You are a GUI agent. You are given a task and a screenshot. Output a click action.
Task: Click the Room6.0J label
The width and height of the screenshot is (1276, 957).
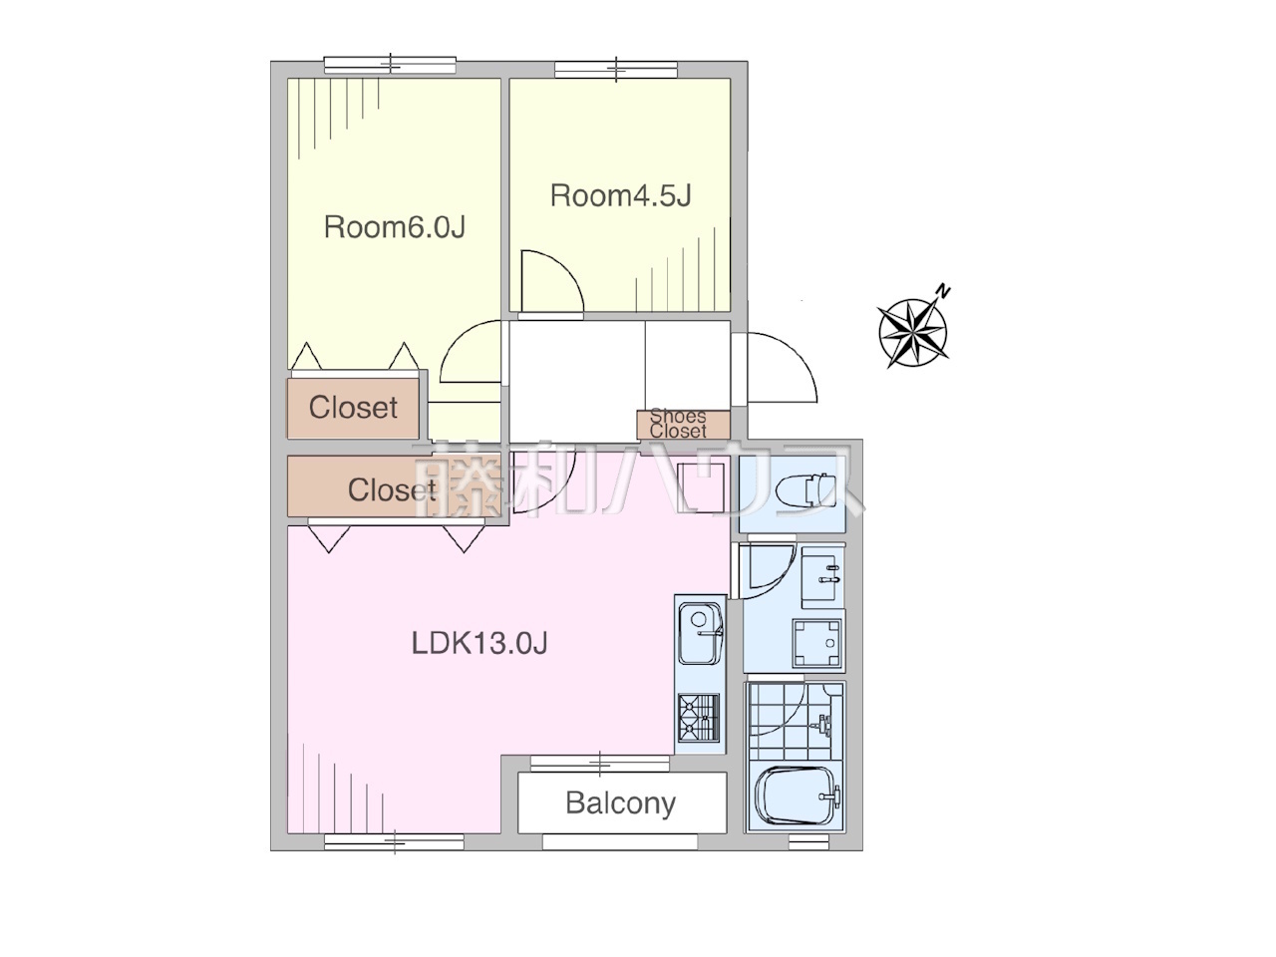point(395,227)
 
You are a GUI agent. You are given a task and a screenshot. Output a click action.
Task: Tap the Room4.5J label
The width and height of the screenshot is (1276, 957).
point(621,195)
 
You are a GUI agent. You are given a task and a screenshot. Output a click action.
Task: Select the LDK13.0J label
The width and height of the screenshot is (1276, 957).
point(479,644)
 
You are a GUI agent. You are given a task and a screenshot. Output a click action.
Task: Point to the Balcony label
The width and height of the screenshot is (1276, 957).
point(620,803)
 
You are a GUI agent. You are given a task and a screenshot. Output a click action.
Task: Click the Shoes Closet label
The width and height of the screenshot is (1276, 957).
point(678,424)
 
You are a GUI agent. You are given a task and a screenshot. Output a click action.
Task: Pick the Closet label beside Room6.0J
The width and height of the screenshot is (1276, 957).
point(353,408)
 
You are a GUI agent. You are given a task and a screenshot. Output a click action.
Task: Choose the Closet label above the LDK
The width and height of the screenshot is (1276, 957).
point(391,489)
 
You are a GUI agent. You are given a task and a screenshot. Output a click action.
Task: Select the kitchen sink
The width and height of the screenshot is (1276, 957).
point(701,633)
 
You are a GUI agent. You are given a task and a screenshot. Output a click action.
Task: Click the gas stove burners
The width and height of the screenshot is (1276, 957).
point(699,718)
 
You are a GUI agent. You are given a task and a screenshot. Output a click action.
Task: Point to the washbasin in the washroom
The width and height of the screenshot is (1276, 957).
point(821,577)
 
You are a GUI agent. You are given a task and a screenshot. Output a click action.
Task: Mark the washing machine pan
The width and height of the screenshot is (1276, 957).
point(816,643)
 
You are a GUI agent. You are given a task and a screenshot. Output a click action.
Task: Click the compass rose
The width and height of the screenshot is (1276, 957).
point(913,334)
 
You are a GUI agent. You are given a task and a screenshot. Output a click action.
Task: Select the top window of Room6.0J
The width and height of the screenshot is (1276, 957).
point(390,65)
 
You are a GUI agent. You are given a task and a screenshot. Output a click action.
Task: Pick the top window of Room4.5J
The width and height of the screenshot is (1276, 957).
point(616,70)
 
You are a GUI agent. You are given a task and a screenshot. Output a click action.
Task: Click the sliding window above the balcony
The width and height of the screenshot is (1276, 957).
point(600,764)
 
